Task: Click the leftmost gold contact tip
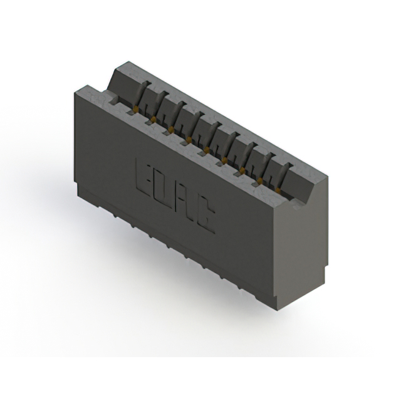point(133,110)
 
